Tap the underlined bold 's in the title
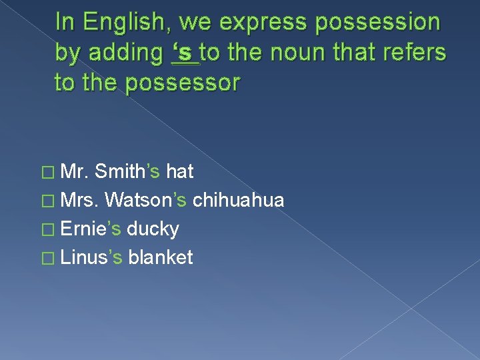click(185, 53)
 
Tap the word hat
click(179, 172)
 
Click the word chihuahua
click(238, 200)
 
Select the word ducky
click(153, 229)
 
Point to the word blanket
click(161, 257)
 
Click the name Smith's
click(127, 172)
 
